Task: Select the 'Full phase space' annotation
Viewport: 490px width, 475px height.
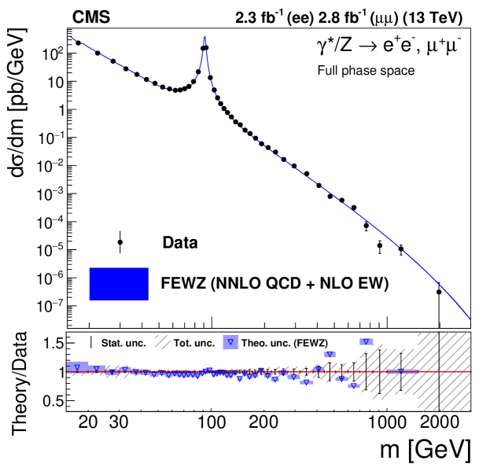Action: [x=365, y=71]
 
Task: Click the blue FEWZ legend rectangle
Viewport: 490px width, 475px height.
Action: [x=119, y=284]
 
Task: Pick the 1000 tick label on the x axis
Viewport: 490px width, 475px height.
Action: [x=385, y=422]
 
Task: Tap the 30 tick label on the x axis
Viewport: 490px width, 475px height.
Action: [x=119, y=422]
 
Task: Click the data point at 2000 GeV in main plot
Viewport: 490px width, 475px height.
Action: [x=439, y=292]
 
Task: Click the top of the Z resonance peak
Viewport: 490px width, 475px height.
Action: [x=204, y=36]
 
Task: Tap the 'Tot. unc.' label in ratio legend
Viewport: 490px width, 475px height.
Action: [x=194, y=342]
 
